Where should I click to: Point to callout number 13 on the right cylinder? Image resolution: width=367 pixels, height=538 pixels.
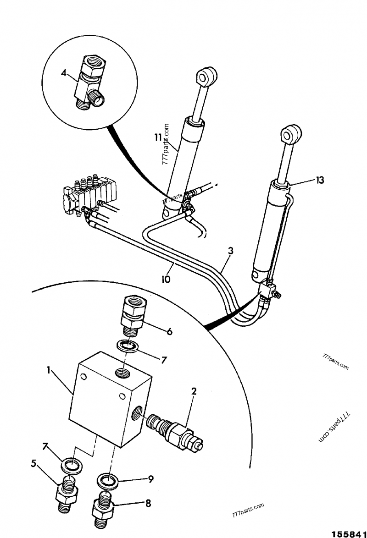320,180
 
